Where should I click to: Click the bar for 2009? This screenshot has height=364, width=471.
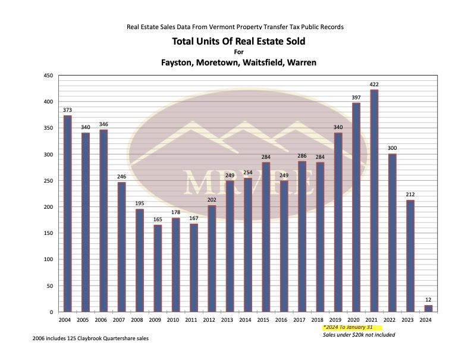pos(158,268)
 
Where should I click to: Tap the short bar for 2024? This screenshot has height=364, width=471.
pos(428,309)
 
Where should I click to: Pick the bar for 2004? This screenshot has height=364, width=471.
pos(67,214)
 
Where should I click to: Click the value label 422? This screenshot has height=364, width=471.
pos(374,84)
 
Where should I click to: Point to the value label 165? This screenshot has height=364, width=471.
pos(158,219)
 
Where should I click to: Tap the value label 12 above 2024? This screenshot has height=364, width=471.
pos(428,300)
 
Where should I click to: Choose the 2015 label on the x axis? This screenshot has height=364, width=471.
pos(266,320)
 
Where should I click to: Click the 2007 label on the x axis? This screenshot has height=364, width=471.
pos(121,320)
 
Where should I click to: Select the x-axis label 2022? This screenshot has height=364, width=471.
pos(392,320)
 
